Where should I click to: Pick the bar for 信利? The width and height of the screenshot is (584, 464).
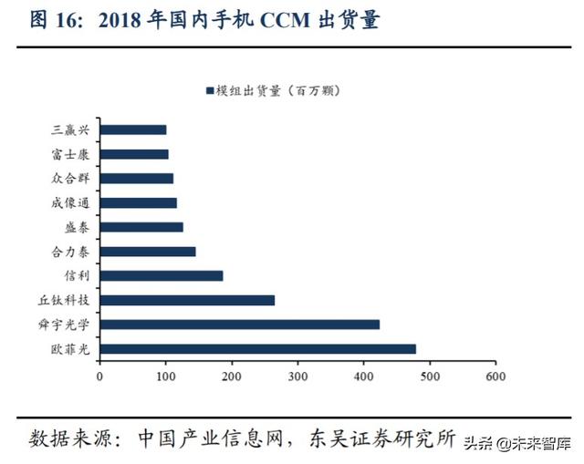point(161,275)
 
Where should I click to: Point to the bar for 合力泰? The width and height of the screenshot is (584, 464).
point(147,251)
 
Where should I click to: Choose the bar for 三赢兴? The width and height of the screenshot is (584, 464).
point(132,129)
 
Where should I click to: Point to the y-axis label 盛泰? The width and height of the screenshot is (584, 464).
point(78,227)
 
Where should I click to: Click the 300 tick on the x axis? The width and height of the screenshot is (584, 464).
point(297,375)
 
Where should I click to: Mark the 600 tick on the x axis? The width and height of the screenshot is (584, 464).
point(495,375)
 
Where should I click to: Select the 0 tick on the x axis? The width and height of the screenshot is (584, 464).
point(99,375)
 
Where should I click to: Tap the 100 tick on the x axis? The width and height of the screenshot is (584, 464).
point(165,375)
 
